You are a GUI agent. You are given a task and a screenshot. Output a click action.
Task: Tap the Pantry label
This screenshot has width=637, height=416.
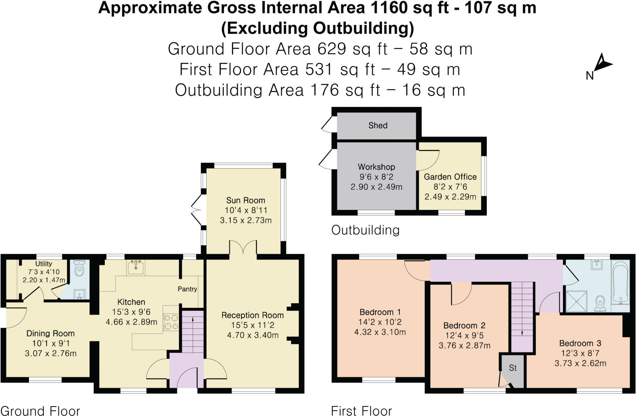pyautogui.click(x=187, y=289)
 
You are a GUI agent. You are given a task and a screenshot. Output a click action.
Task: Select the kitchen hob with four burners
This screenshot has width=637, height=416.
pyautogui.click(x=171, y=322)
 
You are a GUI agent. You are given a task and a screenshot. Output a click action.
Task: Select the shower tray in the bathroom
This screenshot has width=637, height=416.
pyautogui.click(x=576, y=301)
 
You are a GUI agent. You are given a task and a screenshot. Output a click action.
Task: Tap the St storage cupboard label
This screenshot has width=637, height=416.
pyautogui.click(x=513, y=368)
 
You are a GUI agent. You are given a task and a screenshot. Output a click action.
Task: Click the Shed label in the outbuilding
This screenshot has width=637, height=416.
pyautogui.click(x=378, y=126)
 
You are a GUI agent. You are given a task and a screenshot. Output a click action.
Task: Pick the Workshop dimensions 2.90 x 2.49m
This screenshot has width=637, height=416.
pyautogui.click(x=376, y=187)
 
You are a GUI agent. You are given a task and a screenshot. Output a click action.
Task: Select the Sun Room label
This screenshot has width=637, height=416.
pyautogui.click(x=245, y=200)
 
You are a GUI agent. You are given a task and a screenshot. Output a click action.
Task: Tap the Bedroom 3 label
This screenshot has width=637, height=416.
pyautogui.click(x=580, y=343)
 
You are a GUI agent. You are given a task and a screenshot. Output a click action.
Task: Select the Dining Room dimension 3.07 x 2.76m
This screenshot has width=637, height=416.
pyautogui.click(x=51, y=354)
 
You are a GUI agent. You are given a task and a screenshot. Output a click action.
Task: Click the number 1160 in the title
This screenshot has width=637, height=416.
pyautogui.click(x=389, y=7)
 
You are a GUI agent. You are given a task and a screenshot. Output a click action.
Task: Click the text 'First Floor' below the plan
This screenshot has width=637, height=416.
pyautogui.click(x=361, y=411)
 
